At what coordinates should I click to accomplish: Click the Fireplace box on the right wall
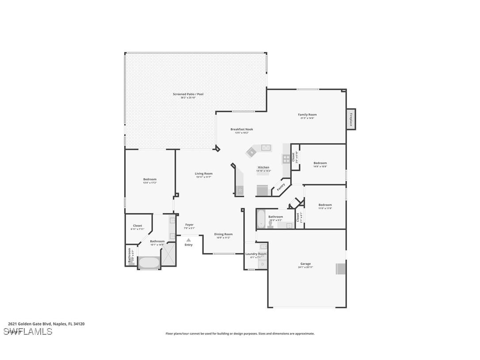pyautogui.click(x=350, y=119)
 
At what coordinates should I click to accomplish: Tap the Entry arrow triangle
pyautogui.click(x=189, y=240)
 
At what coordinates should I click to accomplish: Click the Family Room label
pyautogui.click(x=307, y=115)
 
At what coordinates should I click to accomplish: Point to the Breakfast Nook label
pyautogui.click(x=242, y=129)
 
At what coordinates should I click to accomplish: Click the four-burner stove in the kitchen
pyautogui.click(x=286, y=158)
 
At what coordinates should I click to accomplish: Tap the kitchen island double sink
pyautogui.click(x=266, y=147)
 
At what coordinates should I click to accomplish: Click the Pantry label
pyautogui.click(x=281, y=187)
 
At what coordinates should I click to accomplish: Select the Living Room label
pyautogui.click(x=204, y=174)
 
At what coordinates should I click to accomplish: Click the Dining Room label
pyautogui.click(x=223, y=234)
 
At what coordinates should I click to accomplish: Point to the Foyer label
pyautogui.click(x=189, y=225)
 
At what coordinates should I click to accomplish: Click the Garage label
pyautogui.click(x=306, y=264)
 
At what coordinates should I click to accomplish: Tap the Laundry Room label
pyautogui.click(x=256, y=254)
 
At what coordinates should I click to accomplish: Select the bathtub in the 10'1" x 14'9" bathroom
pyautogui.click(x=149, y=263)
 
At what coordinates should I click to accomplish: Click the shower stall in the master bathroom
pyautogui.click(x=168, y=257)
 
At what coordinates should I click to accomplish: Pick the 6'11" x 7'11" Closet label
pyautogui.click(x=137, y=226)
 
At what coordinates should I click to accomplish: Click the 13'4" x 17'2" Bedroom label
pyautogui.click(x=150, y=179)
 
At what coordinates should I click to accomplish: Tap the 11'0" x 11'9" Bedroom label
pyautogui.click(x=325, y=205)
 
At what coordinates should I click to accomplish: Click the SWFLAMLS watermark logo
pyautogui.click(x=28, y=331)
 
